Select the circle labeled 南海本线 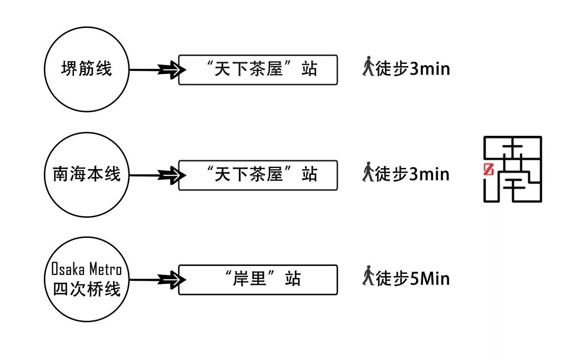click(87, 174)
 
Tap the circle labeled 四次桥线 click(87, 279)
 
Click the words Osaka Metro click(87, 270)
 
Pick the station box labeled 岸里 click(257, 280)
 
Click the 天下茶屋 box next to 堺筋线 click(257, 69)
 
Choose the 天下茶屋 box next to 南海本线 click(257, 174)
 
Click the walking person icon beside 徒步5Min click(368, 277)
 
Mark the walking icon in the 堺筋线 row click(368, 67)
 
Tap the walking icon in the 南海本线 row click(368, 172)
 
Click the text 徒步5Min click(413, 278)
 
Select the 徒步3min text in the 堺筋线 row click(413, 68)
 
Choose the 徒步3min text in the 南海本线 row click(413, 173)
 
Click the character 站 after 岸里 click(292, 279)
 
